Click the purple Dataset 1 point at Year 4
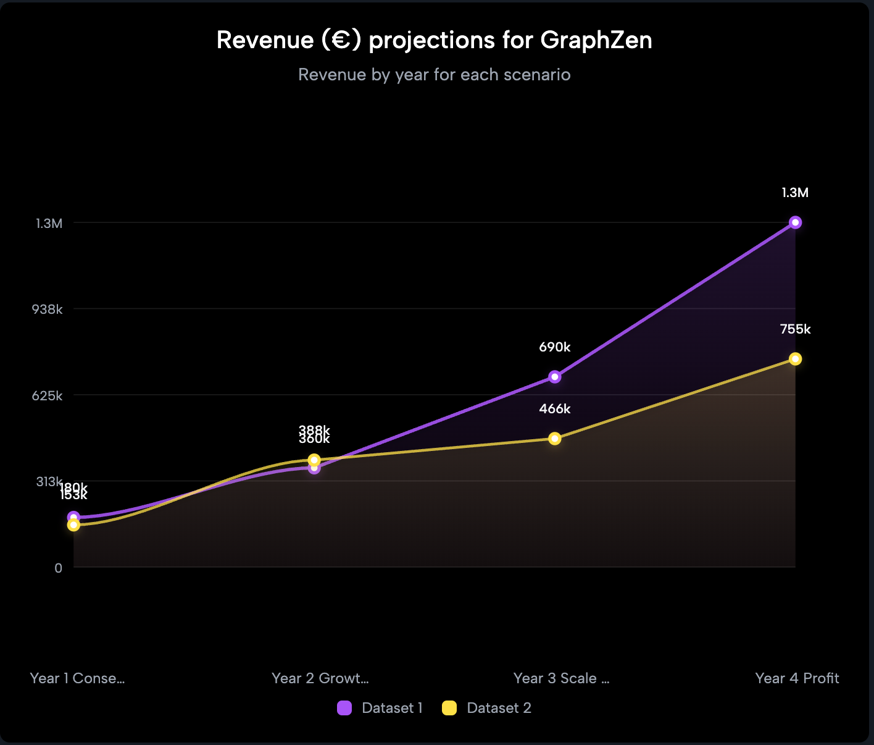point(795,222)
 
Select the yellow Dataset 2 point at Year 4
point(795,359)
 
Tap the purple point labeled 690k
point(555,377)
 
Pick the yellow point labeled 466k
point(555,439)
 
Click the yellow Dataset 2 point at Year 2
point(314,460)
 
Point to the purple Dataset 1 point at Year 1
point(73,517)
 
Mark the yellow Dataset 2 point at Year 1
point(73,525)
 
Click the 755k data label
point(795,329)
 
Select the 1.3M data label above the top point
point(795,193)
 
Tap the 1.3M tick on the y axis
point(49,223)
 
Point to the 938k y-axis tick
point(48,309)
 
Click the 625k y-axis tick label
point(48,395)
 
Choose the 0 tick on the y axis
point(59,568)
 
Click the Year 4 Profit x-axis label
point(797,678)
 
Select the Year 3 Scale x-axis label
point(561,678)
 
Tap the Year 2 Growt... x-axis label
point(320,678)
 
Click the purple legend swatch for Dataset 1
point(344,708)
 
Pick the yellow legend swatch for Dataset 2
point(449,708)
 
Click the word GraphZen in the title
point(596,40)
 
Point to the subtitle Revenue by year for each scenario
point(435,75)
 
